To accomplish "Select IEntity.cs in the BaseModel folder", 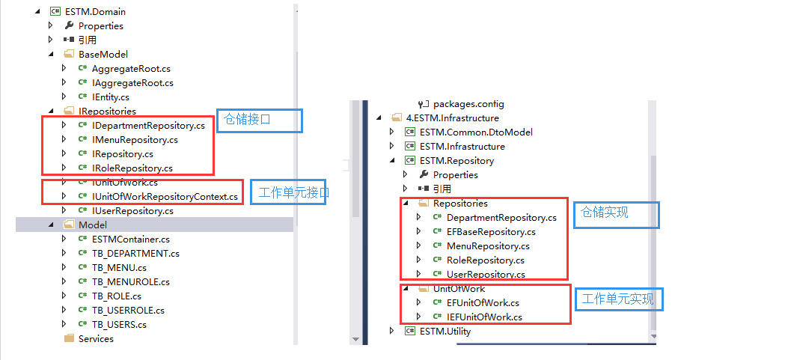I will coord(110,97).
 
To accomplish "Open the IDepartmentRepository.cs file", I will coord(148,125).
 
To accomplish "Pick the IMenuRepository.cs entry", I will coord(135,139).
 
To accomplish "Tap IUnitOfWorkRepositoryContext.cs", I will coord(165,196).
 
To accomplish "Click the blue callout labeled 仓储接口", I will coord(260,120).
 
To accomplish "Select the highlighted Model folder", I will coord(92,225).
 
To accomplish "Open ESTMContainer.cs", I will coord(130,239).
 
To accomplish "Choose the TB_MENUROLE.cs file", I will coord(130,281).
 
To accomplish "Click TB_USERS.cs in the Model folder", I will coord(119,324).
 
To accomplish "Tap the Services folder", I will coord(96,338).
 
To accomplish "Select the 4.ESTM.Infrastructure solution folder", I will coord(452,118).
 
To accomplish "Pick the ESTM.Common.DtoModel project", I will coord(476,132).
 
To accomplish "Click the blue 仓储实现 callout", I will coord(617,214).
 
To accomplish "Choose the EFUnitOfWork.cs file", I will coord(483,302).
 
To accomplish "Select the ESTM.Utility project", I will coord(445,331).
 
